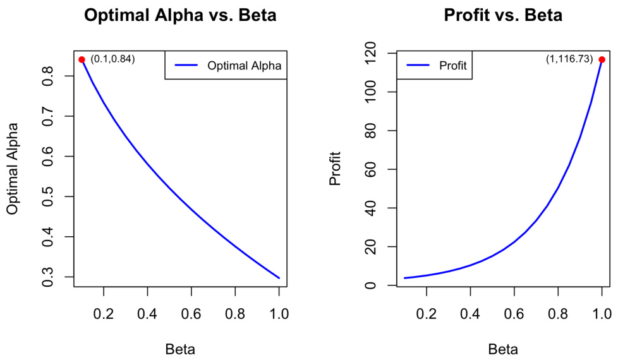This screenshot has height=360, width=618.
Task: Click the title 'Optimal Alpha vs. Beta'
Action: pos(180,15)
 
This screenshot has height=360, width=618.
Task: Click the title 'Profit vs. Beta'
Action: pos(503,15)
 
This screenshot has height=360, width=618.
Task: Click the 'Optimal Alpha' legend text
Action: pos(243,65)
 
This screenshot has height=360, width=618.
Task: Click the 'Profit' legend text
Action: pos(452,65)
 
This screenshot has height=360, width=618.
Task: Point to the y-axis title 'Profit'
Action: pos(336,168)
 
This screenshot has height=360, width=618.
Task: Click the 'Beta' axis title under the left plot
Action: pos(180,349)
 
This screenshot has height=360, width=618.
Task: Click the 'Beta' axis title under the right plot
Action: pos(503,349)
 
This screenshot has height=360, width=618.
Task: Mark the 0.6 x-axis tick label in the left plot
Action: pos(191,313)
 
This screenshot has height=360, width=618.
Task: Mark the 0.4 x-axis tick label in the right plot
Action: pos(470,313)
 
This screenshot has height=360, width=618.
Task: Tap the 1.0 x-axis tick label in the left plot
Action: pos(279,313)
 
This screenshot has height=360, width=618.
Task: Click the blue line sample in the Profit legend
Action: pos(418,65)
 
